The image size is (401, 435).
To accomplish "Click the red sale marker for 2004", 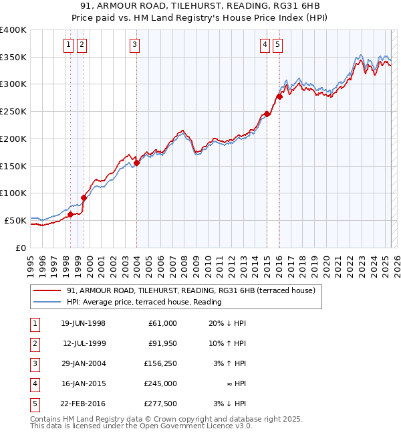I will click(x=136, y=162).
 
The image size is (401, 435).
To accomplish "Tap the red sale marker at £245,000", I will click(x=267, y=114).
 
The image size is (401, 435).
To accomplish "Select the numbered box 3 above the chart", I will click(x=135, y=45).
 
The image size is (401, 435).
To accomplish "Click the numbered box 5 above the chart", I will click(x=277, y=45).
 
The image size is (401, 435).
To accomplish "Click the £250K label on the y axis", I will click(x=13, y=112).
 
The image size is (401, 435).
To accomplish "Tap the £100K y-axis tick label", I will click(x=13, y=193).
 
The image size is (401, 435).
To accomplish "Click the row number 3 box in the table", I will click(x=33, y=363).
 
